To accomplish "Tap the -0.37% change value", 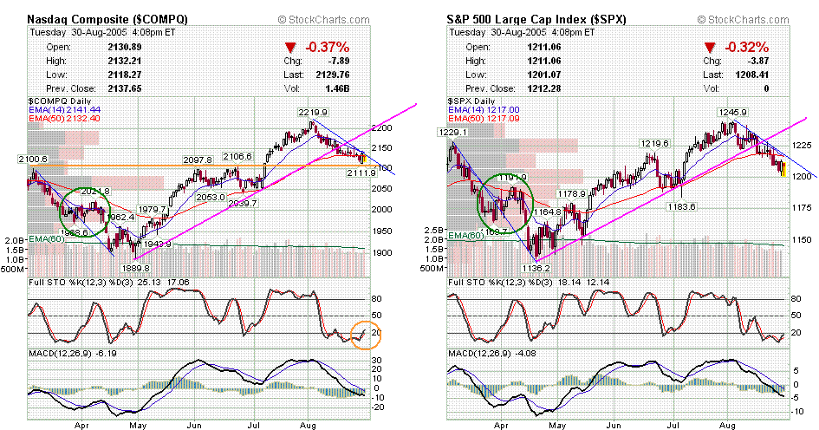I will [326, 48].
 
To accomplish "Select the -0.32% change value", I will [744, 48].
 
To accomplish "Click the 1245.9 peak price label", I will [732, 113].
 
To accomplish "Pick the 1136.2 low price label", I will [549, 269].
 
